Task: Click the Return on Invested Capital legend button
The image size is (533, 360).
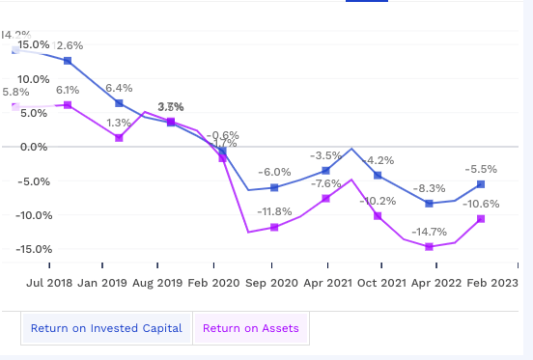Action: click(106, 328)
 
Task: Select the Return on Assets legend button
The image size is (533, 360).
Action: click(250, 328)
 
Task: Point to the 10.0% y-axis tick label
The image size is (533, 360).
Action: click(33, 79)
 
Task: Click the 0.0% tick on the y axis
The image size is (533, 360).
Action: click(33, 147)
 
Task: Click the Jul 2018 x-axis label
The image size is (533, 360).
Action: click(50, 284)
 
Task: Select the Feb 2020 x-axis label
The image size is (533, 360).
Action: click(214, 284)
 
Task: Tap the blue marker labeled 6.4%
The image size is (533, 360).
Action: click(119, 103)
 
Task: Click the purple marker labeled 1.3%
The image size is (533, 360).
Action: click(119, 138)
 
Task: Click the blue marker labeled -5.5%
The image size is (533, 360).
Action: click(481, 184)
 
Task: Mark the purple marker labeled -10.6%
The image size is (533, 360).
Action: click(481, 219)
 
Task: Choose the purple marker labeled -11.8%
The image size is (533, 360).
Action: click(274, 227)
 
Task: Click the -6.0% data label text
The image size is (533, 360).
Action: click(274, 172)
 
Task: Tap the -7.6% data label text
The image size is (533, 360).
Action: click(326, 183)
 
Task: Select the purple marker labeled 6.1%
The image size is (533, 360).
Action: click(68, 104)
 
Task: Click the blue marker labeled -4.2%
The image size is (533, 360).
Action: click(378, 176)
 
